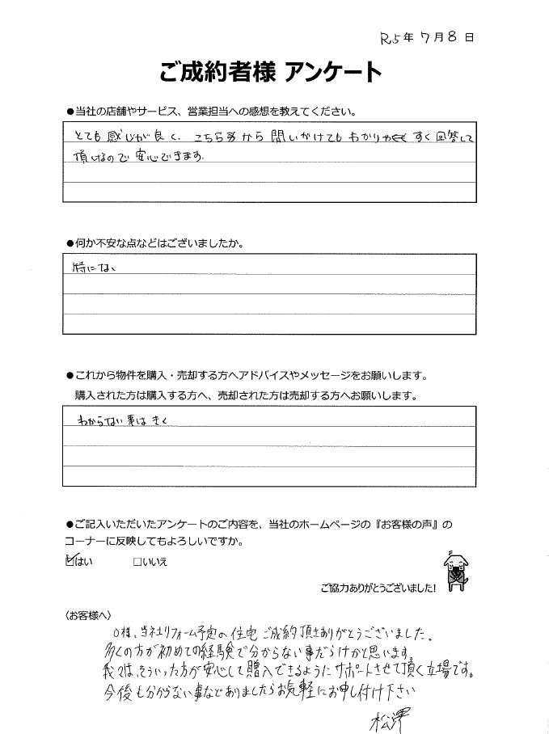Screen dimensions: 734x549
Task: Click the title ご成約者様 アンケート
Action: click(x=271, y=73)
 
